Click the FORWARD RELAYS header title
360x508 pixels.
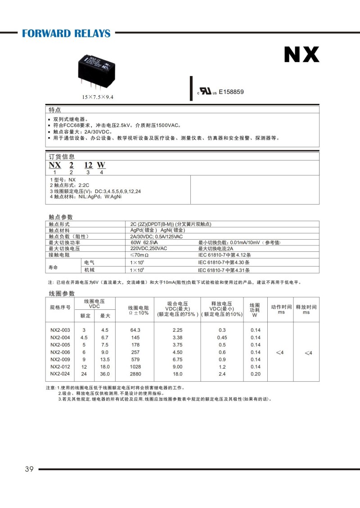pyautogui.click(x=66, y=33)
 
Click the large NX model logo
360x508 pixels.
pyautogui.click(x=301, y=54)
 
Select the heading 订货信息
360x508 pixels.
pyautogui.click(x=62, y=156)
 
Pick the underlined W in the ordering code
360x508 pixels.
pyautogui.click(x=101, y=165)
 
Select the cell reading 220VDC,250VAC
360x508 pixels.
pyautogui.click(x=148, y=249)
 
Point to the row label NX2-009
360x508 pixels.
pyautogui.click(x=60, y=359)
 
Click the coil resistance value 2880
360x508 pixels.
pyautogui.click(x=135, y=374)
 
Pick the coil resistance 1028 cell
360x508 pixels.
pyautogui.click(x=135, y=367)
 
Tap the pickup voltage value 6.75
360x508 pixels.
pyautogui.click(x=177, y=359)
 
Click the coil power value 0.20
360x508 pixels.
pyautogui.click(x=255, y=374)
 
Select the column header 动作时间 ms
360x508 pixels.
pyautogui.click(x=281, y=309)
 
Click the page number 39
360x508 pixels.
pyautogui.click(x=29, y=469)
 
